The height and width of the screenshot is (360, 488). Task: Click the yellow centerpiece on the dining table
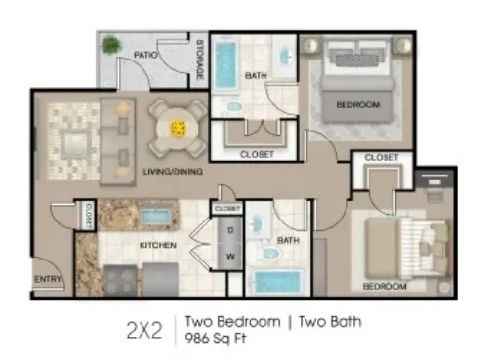pos(179,127)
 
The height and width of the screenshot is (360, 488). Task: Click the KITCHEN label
pos(157,244)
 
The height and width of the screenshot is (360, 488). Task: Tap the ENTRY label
pos(48,280)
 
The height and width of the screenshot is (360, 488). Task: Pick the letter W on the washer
pos(230,257)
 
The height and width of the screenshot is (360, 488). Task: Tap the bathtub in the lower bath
pos(279,284)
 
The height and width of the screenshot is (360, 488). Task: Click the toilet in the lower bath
pos(269,254)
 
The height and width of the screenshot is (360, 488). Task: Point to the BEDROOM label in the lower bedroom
pos(385,287)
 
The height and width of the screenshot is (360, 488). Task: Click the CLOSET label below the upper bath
pos(257,154)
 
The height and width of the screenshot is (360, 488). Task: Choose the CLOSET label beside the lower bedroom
pos(381,157)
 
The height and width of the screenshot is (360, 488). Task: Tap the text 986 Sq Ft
pos(216,340)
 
